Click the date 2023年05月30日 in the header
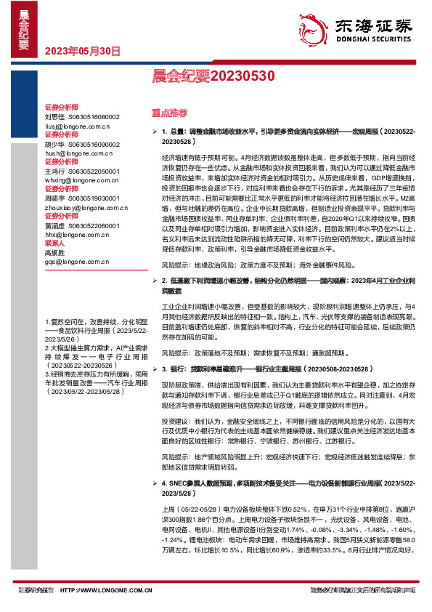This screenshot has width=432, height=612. [78, 51]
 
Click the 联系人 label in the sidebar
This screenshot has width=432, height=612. [55, 243]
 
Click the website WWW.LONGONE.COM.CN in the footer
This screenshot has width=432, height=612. [106, 591]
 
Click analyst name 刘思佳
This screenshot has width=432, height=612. [54, 116]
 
